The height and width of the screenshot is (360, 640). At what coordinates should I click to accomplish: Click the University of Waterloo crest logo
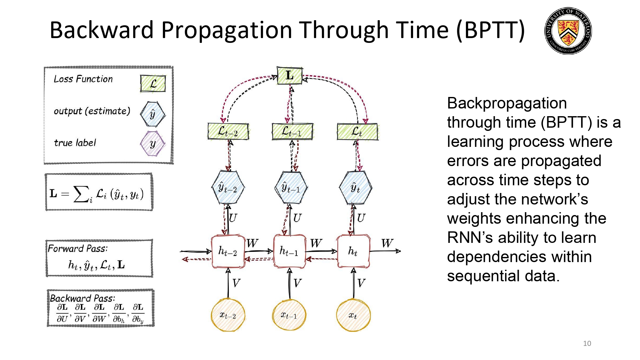568,31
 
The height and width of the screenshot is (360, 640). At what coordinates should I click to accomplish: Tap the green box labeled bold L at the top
290,76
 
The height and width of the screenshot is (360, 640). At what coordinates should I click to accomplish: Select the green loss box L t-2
228,131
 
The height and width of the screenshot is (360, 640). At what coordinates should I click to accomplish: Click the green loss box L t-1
292,131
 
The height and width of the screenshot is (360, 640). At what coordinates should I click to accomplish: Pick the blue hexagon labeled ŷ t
355,188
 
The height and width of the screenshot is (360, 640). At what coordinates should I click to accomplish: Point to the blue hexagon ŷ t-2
228,188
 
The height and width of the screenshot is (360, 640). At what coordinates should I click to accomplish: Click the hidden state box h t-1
289,251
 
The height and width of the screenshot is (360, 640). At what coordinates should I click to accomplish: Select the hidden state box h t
353,251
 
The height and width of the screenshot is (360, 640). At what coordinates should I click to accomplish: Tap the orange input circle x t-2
228,315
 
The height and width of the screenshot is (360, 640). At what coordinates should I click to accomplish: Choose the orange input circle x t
353,315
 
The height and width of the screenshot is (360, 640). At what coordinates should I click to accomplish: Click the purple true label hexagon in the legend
153,144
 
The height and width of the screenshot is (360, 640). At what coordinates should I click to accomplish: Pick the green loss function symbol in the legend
153,84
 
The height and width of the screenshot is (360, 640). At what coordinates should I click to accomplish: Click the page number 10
587,343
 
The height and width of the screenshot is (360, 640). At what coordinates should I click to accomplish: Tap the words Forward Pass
78,249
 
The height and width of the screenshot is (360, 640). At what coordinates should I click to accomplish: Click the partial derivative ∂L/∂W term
99,313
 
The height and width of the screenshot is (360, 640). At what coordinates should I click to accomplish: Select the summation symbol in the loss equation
81,194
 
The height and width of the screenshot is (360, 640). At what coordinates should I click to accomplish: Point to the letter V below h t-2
236,283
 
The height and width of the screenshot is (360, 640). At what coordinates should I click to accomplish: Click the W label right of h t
387,243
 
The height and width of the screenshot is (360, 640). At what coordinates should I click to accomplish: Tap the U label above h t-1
297,218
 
